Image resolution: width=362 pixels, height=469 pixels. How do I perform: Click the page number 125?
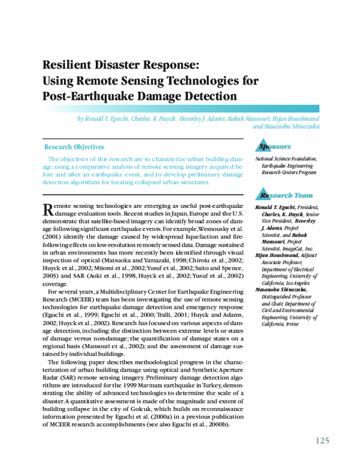322,441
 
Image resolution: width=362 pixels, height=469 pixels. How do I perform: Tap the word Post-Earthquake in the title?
87,95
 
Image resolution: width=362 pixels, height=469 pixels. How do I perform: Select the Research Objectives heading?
74,147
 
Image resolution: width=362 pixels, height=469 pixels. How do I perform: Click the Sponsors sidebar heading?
275,147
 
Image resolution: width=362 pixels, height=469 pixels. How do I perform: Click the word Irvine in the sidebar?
288,323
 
